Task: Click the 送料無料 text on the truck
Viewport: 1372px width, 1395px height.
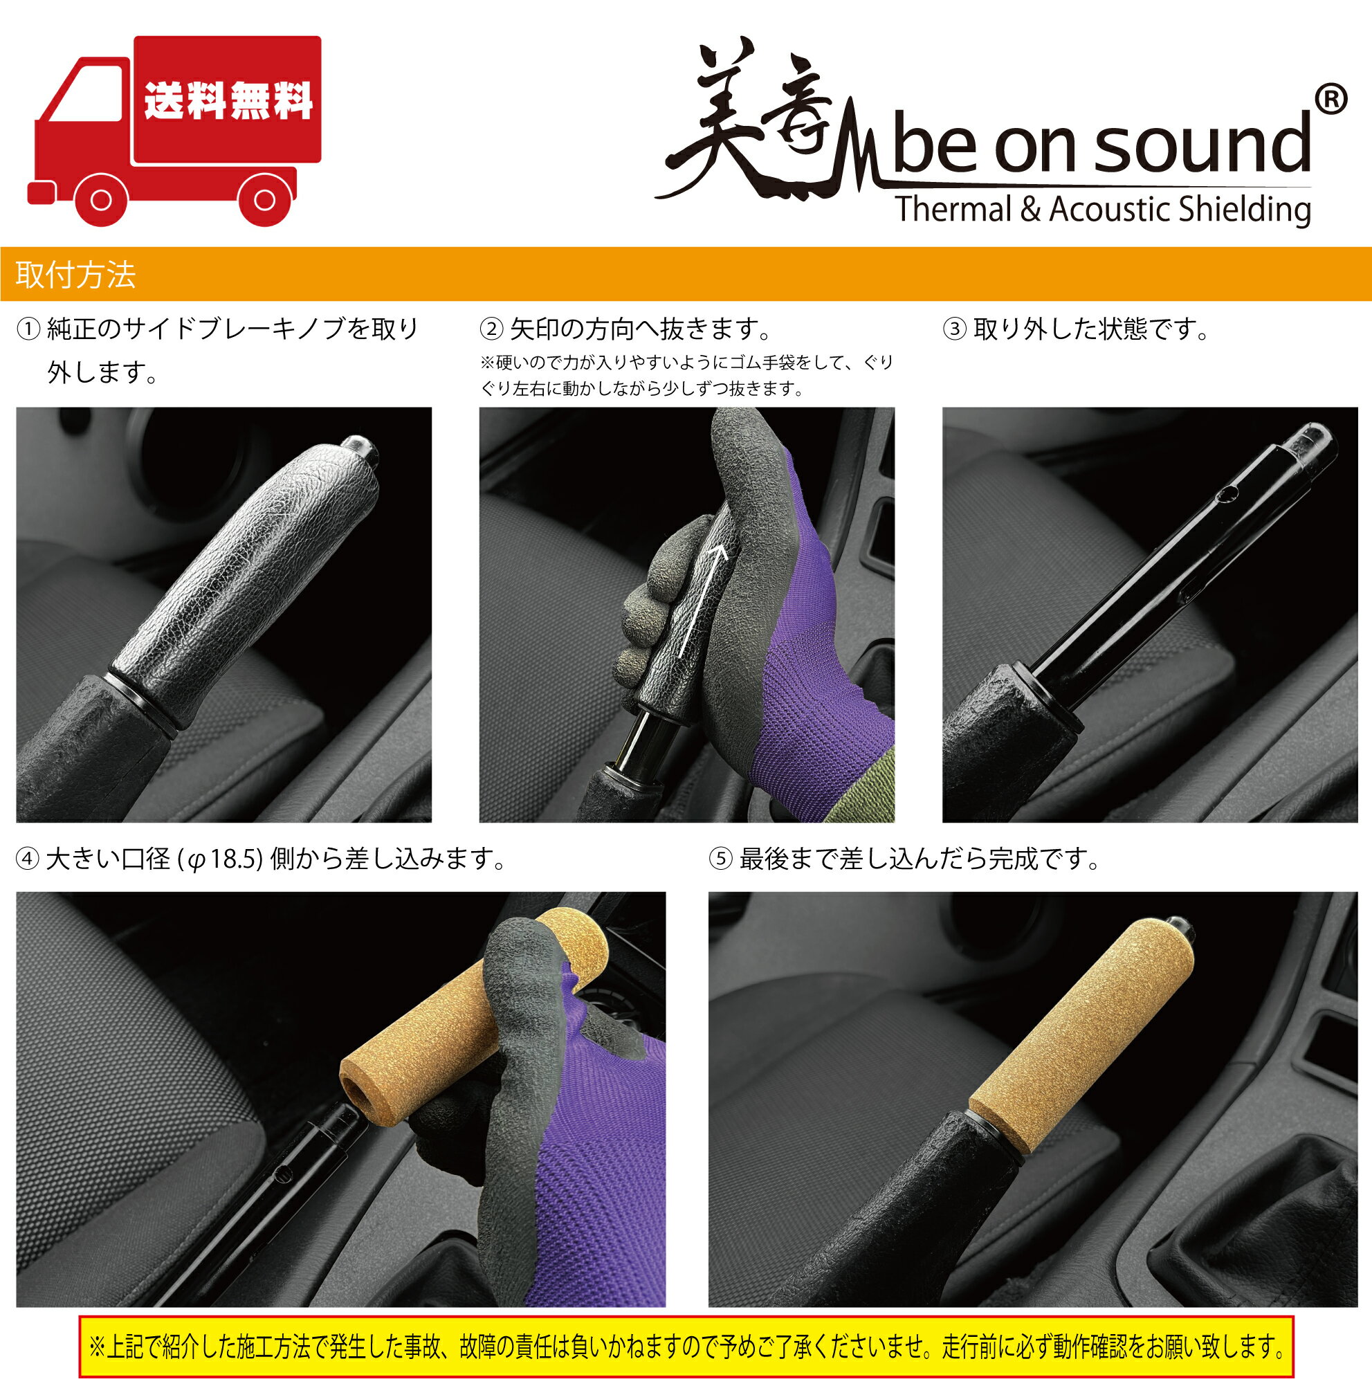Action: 228,100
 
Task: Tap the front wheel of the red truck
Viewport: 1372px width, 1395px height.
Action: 102,200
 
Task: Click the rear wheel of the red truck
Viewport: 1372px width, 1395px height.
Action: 264,199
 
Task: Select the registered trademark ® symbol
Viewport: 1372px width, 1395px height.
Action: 1330,100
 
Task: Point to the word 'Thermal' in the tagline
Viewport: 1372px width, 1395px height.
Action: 954,210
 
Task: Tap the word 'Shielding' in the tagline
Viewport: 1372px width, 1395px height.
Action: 1245,210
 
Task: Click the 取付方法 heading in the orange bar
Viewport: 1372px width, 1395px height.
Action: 75,275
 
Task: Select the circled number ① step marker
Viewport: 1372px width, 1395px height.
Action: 28,330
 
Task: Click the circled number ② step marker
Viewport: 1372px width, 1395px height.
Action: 491,330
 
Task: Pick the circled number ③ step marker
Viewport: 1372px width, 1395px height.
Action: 955,330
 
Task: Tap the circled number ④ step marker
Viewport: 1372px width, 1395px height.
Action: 28,859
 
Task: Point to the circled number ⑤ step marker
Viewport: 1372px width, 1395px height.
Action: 720,859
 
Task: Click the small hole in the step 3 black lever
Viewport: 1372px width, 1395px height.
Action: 1230,494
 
